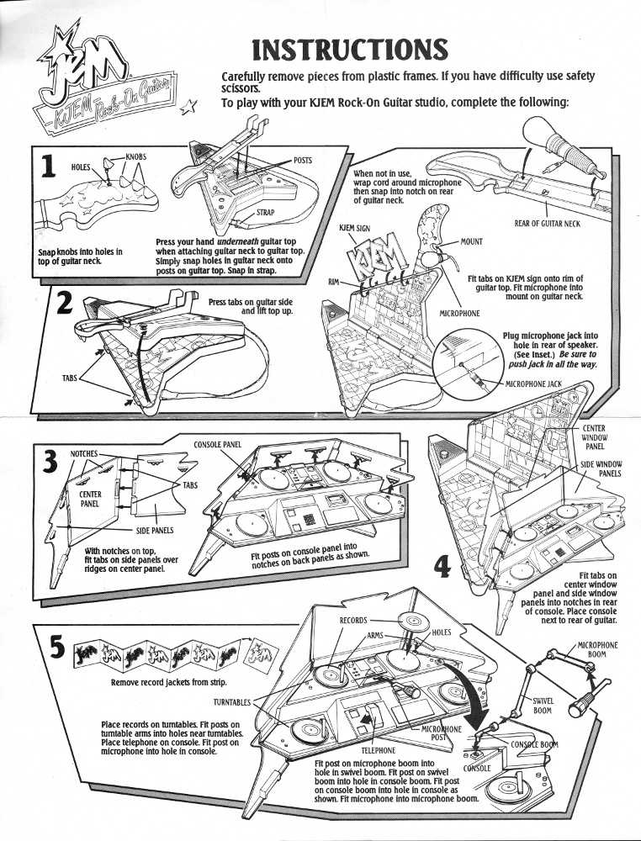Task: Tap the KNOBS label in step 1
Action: click(136, 156)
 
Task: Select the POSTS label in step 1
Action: click(303, 160)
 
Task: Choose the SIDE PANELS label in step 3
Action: click(156, 532)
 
